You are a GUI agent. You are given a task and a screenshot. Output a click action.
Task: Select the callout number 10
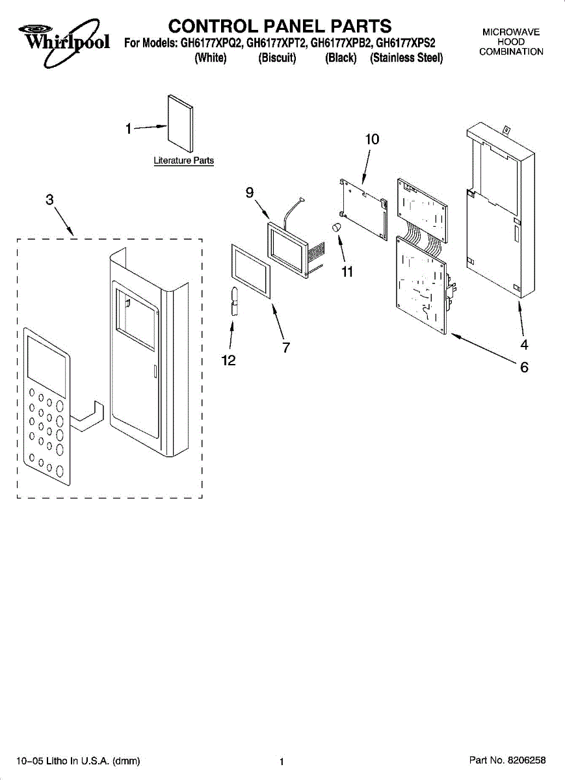tap(372, 139)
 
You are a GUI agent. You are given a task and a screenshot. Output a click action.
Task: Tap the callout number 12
tap(228, 361)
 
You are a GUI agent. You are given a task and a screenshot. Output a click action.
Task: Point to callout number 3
tap(50, 200)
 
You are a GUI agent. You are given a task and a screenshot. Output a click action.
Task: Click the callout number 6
tap(523, 368)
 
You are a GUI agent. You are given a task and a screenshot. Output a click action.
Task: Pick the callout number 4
tap(523, 345)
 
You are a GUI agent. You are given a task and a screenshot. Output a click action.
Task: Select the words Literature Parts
tap(183, 161)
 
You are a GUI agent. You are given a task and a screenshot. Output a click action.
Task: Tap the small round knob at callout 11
tap(337, 227)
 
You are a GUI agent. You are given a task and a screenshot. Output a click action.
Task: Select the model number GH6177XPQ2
tap(212, 44)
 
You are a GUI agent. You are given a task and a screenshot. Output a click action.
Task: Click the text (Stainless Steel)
tap(406, 58)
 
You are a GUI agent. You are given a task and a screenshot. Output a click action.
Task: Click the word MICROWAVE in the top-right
tap(511, 32)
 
